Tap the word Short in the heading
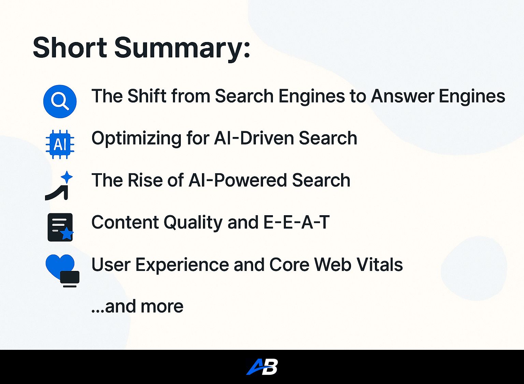tap(70, 47)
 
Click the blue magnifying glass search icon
tap(60, 101)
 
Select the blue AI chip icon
tap(60, 144)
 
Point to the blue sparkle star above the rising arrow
tap(67, 177)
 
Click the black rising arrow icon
tap(57, 193)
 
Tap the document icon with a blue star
tap(60, 227)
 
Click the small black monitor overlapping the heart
tap(70, 279)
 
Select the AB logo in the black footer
tap(262, 367)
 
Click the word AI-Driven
tap(253, 138)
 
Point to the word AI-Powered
tap(237, 180)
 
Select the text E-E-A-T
tap(296, 222)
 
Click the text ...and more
tap(137, 306)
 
